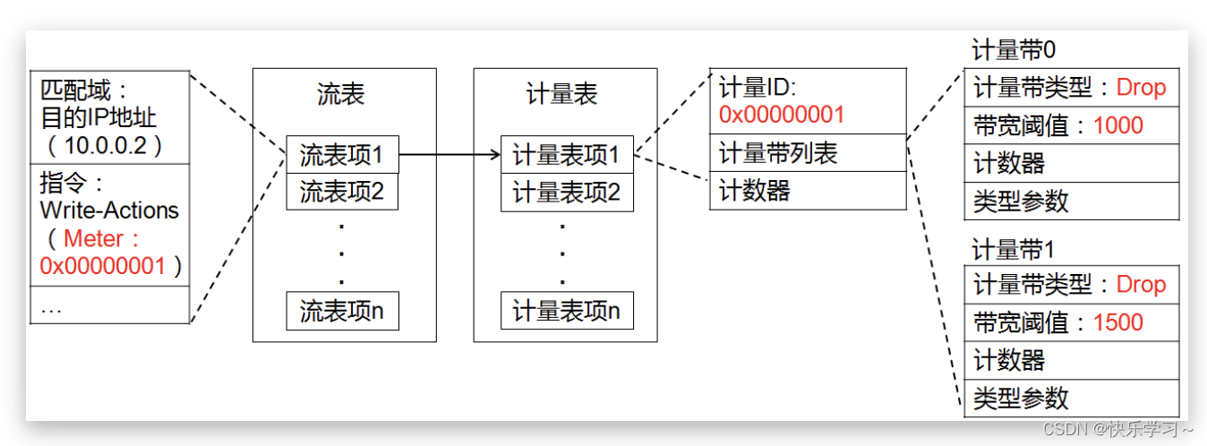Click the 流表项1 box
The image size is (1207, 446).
coord(342,155)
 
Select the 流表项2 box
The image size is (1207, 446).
coord(342,191)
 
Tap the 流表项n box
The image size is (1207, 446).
coord(342,310)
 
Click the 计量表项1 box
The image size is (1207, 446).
coord(566,155)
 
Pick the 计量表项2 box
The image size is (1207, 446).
coord(566,191)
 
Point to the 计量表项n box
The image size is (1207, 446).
coord(566,310)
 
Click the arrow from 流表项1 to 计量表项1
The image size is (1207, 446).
coord(449,155)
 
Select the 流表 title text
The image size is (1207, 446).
coord(341,95)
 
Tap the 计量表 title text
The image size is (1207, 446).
coord(562,95)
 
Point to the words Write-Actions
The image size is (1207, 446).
coord(109,210)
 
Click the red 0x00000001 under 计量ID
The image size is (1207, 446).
coord(781,115)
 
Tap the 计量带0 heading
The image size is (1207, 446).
coord(1008,52)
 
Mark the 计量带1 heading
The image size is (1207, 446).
coord(1008,249)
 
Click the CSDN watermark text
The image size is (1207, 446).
coord(1118,429)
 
